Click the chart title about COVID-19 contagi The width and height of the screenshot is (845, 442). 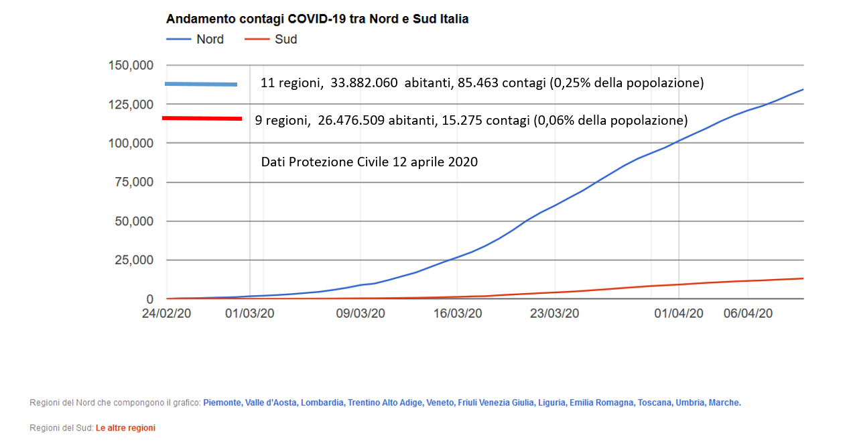click(317, 19)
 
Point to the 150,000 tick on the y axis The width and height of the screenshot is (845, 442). click(131, 66)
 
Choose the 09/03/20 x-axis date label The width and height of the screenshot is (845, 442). click(360, 313)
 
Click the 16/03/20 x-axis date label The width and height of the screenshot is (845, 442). click(458, 313)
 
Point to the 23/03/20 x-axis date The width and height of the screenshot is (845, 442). click(556, 313)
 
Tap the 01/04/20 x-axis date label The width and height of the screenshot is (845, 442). click(679, 313)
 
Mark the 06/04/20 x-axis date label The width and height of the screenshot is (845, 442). click(749, 313)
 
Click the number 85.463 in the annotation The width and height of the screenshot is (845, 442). click(478, 84)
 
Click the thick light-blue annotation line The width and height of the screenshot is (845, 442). click(201, 84)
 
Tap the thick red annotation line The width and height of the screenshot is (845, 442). click(202, 119)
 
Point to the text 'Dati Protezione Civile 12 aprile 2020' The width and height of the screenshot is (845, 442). click(369, 162)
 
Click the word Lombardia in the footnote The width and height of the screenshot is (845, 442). click(322, 403)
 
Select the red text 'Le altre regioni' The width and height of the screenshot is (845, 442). click(125, 428)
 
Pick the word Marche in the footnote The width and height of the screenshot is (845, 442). click(724, 403)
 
